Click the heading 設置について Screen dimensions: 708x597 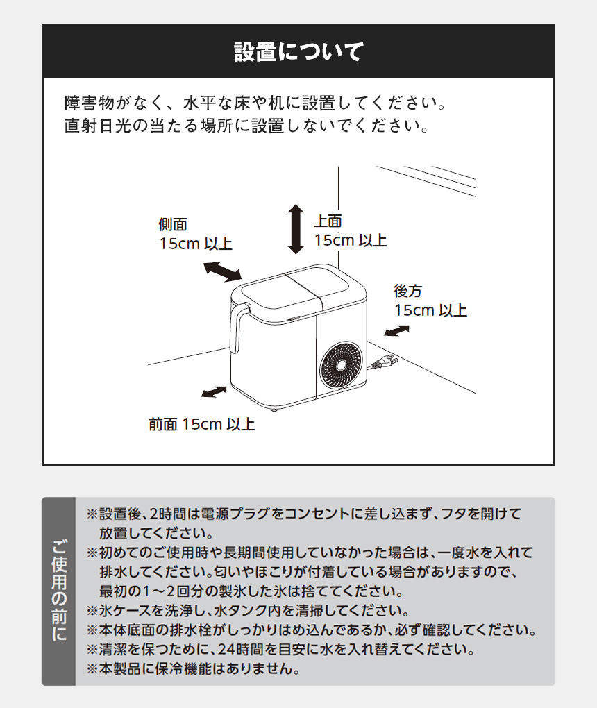point(298,52)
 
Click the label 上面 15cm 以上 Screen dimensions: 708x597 point(350,231)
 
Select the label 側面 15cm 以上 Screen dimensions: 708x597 point(195,235)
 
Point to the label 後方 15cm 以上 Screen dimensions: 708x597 point(430,301)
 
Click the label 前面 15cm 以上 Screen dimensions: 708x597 point(202,424)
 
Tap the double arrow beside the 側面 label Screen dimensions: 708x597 point(222,271)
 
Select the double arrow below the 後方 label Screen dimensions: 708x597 point(396,330)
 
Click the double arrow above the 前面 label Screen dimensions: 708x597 point(214,392)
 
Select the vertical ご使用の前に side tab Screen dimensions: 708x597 point(59,591)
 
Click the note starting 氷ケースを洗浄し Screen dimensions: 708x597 point(246,612)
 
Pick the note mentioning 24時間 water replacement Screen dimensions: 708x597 point(280,650)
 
